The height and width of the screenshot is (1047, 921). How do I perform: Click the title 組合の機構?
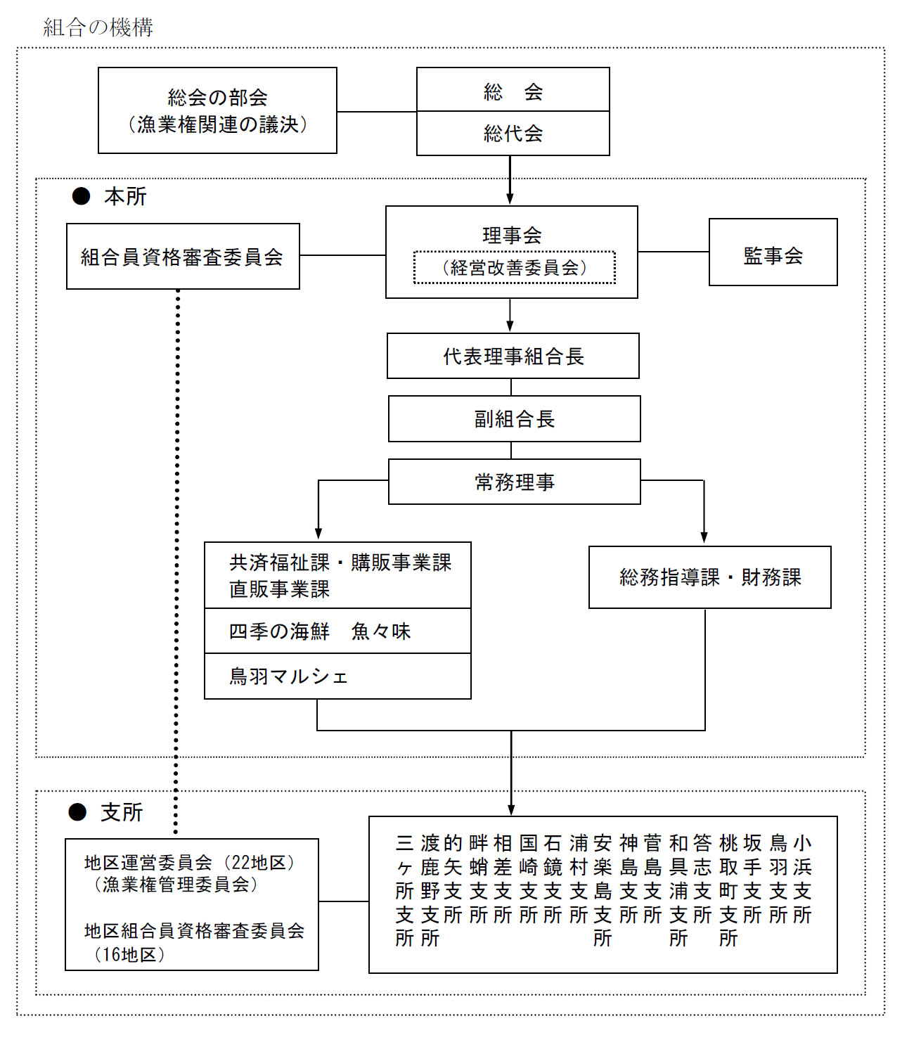(x=98, y=27)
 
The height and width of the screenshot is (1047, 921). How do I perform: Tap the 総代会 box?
(x=513, y=134)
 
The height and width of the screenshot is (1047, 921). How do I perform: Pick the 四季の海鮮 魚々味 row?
(x=337, y=631)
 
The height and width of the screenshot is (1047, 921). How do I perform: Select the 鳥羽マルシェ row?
(x=337, y=676)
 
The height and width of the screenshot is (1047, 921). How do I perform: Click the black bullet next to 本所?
(x=81, y=196)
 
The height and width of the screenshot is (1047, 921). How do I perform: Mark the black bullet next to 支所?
(x=77, y=812)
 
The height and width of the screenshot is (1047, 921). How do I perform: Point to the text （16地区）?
(x=130, y=954)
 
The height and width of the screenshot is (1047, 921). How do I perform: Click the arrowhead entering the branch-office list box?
(x=511, y=810)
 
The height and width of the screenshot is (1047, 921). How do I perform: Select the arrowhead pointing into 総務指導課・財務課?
(x=704, y=537)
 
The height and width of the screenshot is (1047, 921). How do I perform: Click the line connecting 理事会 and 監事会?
(x=674, y=252)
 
